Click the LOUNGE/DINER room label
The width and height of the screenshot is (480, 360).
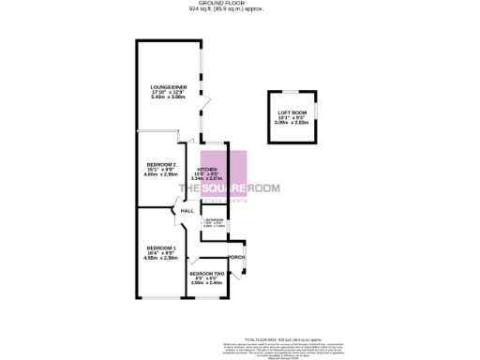tap(171, 87)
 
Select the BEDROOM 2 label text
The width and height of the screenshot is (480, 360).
tap(161, 164)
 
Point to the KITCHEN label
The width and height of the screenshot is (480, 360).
tap(207, 168)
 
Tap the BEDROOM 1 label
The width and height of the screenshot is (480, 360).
tap(161, 247)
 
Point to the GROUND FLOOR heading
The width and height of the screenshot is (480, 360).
tap(239, 4)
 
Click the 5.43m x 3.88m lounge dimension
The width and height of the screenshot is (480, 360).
tap(171, 97)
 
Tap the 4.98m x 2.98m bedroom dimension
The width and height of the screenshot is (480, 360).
tap(161, 257)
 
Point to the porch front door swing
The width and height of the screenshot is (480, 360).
tap(241, 271)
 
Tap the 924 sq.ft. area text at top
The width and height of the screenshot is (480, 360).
tap(239, 9)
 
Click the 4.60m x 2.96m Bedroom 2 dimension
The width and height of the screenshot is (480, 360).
tap(161, 174)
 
